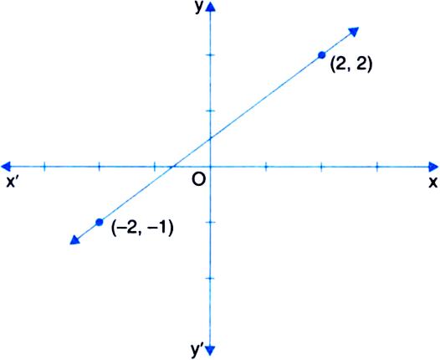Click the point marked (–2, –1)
tap(99, 222)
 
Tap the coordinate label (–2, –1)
tap(142, 228)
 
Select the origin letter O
tap(199, 179)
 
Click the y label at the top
tap(198, 8)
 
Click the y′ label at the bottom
tap(197, 349)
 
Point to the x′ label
tap(12, 183)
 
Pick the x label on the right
tap(432, 183)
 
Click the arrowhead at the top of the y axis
tap(210, 6)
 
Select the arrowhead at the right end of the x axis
tap(433, 167)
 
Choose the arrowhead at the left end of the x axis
tap(6, 167)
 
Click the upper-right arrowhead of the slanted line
tap(354, 32)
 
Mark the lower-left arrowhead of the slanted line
tap(74, 239)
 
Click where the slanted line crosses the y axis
tap(211, 138)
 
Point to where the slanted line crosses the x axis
tap(173, 167)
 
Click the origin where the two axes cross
tap(211, 167)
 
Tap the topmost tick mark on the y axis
tap(211, 55)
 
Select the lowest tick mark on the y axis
tap(211, 278)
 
